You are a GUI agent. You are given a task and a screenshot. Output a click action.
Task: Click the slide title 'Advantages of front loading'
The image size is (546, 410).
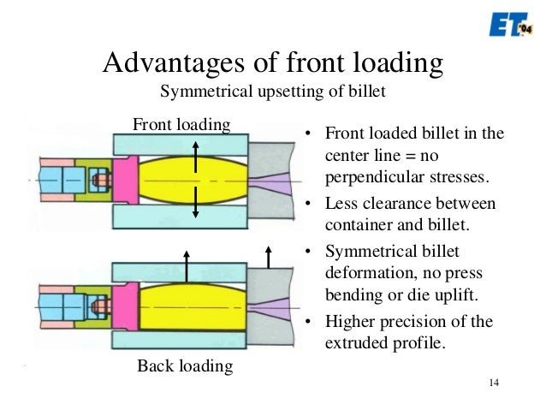point(271,63)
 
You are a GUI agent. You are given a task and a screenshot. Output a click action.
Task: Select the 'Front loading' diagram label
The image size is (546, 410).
point(181,124)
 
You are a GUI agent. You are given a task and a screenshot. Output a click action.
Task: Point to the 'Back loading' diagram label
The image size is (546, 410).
point(185,366)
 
